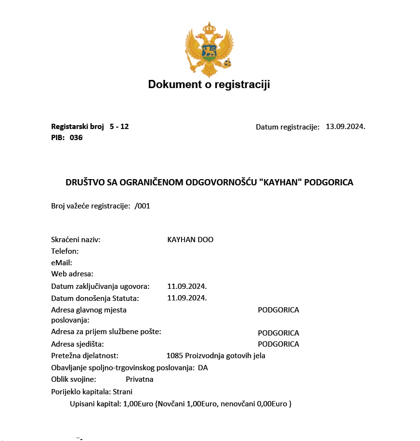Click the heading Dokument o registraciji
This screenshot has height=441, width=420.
(209, 85)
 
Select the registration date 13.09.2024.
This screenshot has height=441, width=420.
(345, 127)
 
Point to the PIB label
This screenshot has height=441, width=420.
(58, 138)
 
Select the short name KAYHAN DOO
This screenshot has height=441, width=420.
(190, 240)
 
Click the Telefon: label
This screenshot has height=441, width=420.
(65, 251)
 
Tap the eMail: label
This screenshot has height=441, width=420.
(62, 263)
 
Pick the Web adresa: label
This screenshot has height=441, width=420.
(72, 274)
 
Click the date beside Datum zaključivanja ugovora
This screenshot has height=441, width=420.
(187, 286)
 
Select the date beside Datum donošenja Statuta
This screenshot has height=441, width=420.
(187, 298)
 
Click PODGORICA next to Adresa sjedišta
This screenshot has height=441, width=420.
(278, 344)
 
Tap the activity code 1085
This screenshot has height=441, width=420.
(174, 356)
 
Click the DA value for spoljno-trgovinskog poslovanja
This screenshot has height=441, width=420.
(203, 368)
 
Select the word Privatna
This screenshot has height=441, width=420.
(140, 379)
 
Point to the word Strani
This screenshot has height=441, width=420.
(122, 392)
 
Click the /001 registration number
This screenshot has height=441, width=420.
(143, 206)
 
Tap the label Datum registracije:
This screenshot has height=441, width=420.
(288, 127)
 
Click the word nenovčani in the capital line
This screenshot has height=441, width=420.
(236, 404)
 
